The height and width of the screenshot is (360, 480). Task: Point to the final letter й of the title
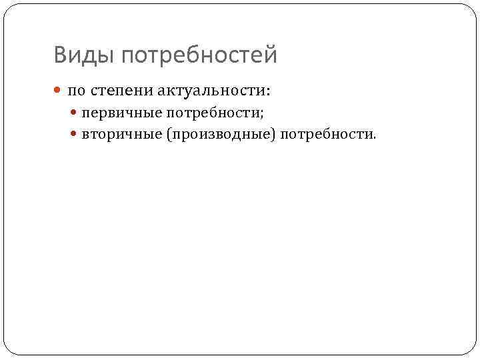(271, 53)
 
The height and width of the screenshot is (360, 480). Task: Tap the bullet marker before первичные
(74, 114)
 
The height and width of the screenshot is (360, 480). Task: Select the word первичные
(119, 114)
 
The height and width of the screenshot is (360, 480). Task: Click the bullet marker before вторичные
(74, 135)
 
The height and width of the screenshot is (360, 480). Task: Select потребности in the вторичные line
(326, 135)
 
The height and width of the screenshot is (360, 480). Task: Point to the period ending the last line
(375, 138)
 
